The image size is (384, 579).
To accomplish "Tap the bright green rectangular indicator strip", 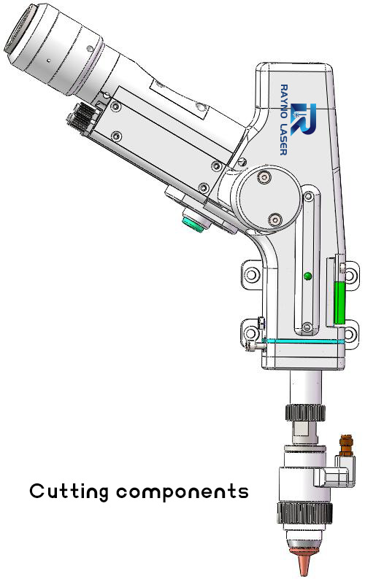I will pos(339,303).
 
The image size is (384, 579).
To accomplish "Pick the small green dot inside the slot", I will pos(307,276).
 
